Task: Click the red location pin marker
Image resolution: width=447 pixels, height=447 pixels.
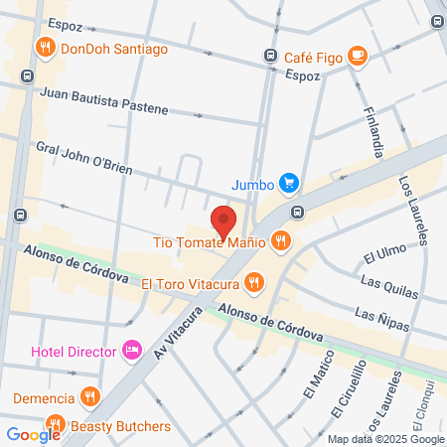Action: pyautogui.click(x=223, y=219)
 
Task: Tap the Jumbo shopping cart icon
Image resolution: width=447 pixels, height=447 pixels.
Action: pyautogui.click(x=289, y=183)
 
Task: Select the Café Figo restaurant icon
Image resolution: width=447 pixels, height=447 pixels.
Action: pyautogui.click(x=357, y=58)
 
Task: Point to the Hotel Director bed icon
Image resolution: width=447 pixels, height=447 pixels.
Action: pyautogui.click(x=130, y=350)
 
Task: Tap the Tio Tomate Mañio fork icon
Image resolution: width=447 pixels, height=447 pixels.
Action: pyautogui.click(x=282, y=239)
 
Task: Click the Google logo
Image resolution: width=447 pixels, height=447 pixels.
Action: pyautogui.click(x=33, y=434)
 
